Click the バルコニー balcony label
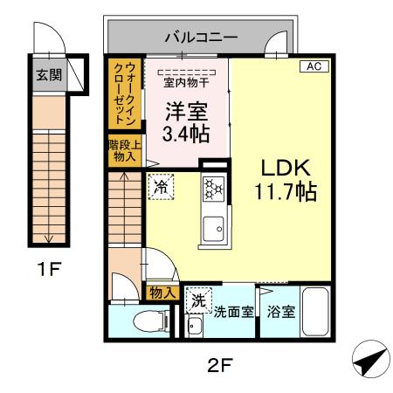201,38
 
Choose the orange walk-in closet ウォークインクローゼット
123,93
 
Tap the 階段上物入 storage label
123,151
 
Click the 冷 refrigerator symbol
161,186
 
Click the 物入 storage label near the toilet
162,293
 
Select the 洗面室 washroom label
234,311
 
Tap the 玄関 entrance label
48,75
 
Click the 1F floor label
49,267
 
